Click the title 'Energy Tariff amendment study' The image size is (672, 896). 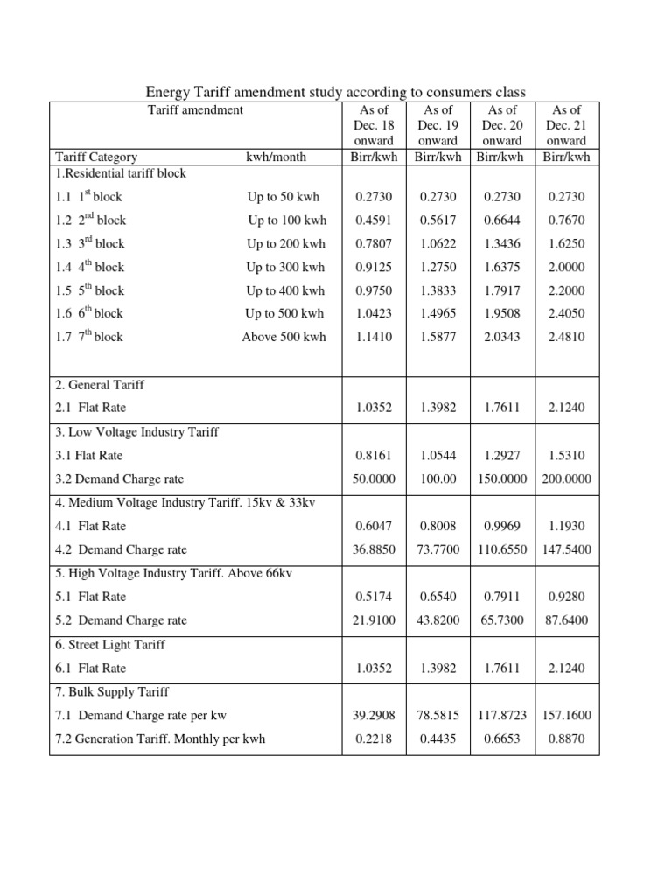click(x=335, y=92)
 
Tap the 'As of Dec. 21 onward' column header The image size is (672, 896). click(x=567, y=125)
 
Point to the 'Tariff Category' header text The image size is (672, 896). click(x=96, y=157)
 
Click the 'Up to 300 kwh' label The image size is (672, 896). click(x=285, y=268)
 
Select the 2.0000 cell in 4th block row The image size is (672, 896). click(x=567, y=268)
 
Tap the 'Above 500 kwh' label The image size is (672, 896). click(x=283, y=337)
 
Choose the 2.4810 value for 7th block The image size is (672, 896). click(x=567, y=337)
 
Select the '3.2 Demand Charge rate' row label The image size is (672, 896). click(x=120, y=479)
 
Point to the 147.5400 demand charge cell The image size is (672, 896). click(x=567, y=550)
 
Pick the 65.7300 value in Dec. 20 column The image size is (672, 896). click(x=502, y=620)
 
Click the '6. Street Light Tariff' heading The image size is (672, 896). click(x=110, y=645)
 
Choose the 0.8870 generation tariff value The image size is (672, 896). click(x=567, y=738)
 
